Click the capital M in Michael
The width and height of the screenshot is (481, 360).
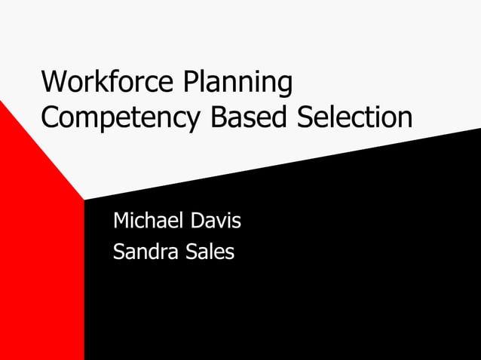[121, 221]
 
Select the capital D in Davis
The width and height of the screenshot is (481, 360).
[197, 221]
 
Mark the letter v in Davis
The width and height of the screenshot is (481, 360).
[222, 223]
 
